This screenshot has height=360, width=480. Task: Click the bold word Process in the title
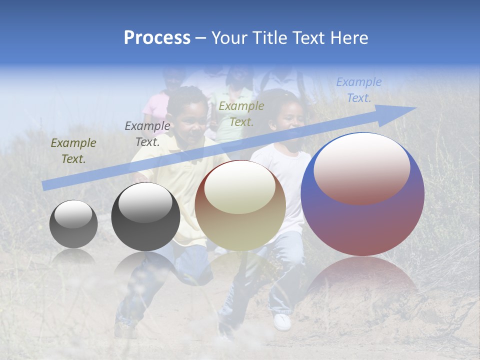[157, 38]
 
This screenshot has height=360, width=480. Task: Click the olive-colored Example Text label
[73, 151]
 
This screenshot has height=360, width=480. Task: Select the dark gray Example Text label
[147, 134]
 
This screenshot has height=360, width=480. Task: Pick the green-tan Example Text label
[241, 113]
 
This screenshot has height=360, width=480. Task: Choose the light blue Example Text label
[358, 90]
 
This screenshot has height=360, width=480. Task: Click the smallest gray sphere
[73, 224]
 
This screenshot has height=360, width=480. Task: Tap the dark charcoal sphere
[145, 216]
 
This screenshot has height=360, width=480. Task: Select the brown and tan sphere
[240, 205]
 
